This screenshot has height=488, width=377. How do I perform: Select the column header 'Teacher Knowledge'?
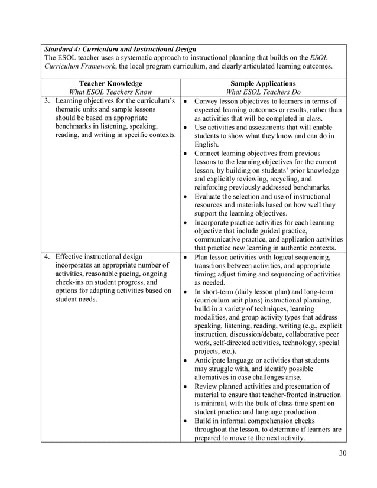(x=110, y=84)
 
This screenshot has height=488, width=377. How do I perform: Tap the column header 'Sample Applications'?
(x=263, y=84)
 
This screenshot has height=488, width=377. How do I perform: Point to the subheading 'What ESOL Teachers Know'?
(x=110, y=92)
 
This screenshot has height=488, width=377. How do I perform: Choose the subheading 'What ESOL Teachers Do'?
(x=263, y=92)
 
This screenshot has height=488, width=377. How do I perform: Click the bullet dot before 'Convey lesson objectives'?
(x=186, y=102)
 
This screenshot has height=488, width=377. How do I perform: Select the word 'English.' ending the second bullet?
(x=206, y=145)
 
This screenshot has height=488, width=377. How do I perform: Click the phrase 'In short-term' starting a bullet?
(x=218, y=292)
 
